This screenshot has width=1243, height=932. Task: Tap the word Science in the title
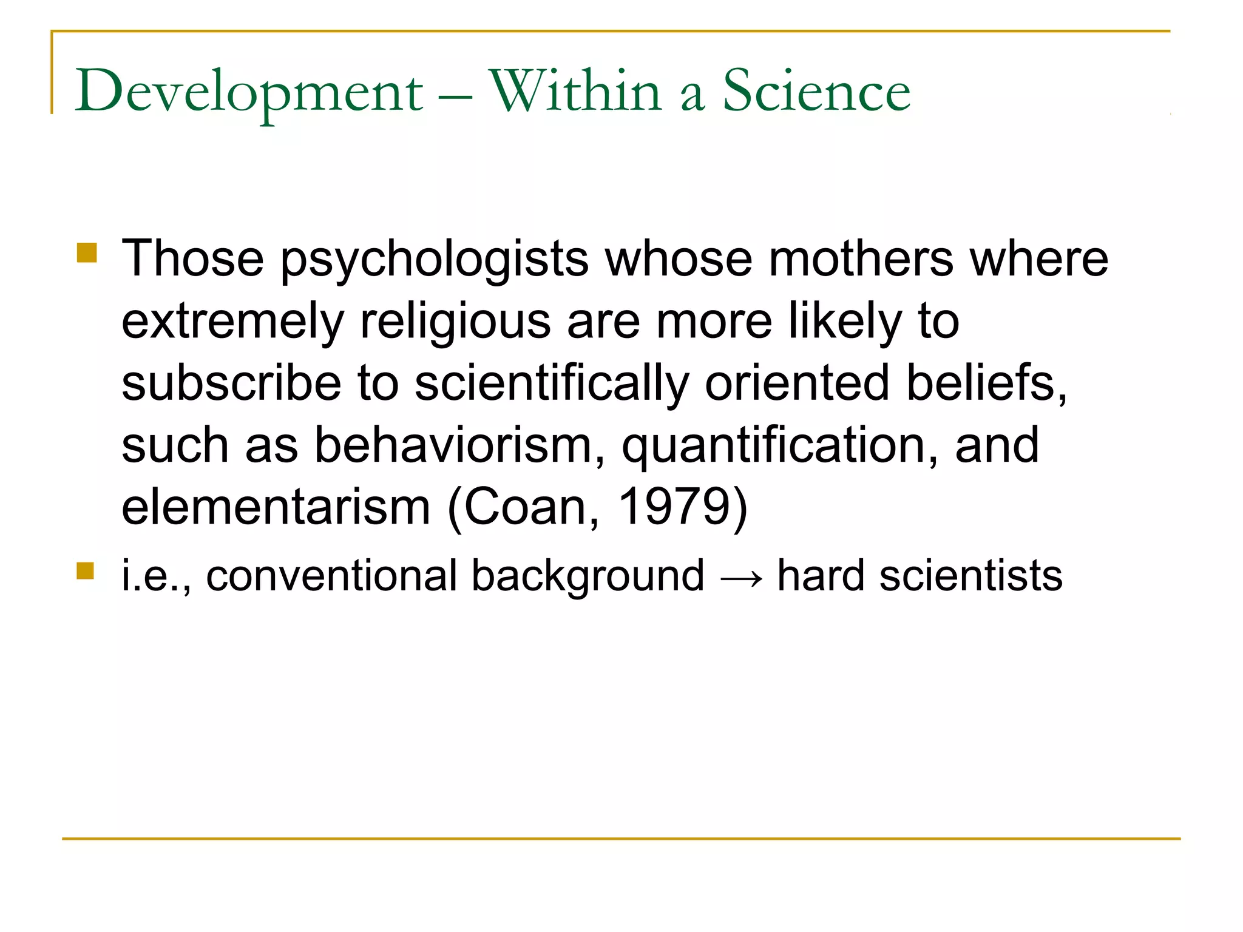tap(816, 91)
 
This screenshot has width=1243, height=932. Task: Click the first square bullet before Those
tap(87, 252)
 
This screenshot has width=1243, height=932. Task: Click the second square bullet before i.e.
tap(86, 571)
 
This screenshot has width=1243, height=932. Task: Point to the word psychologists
tap(435, 260)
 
